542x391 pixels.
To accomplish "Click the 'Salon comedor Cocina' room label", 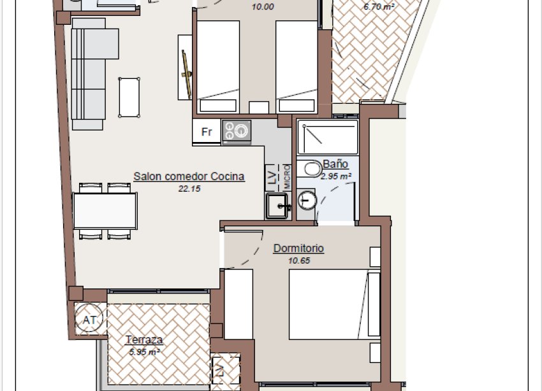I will coord(189,176).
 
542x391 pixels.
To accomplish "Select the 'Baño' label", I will coord(335,164).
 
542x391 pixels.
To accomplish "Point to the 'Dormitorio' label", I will coord(298,248).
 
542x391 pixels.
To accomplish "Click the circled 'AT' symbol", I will coord(89,320).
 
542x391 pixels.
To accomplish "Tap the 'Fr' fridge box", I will coord(207,132).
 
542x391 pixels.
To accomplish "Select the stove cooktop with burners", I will coord(236,132).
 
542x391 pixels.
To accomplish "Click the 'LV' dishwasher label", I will coord(272,176).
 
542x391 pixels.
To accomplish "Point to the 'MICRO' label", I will coord(287,176).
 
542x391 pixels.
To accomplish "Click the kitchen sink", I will coord(278,206).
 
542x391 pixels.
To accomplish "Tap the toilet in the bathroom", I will coord(312,169).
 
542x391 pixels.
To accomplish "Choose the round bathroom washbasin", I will coord(307,199).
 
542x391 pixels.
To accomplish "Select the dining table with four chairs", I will coord(105,211).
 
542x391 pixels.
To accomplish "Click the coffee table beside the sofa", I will coord(129,97).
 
